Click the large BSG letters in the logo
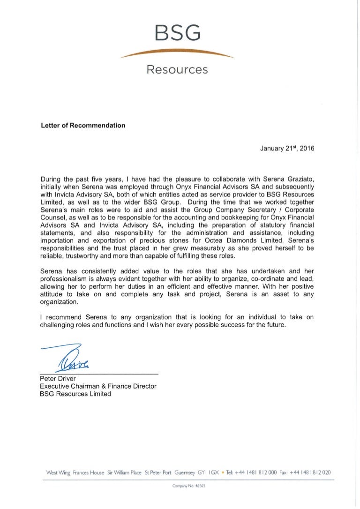tap(177, 33)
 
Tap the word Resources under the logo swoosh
tap(177, 70)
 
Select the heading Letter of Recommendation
tap(83, 125)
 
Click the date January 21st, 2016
tap(287, 148)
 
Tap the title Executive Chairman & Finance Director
tap(98, 386)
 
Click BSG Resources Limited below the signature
tap(75, 394)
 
